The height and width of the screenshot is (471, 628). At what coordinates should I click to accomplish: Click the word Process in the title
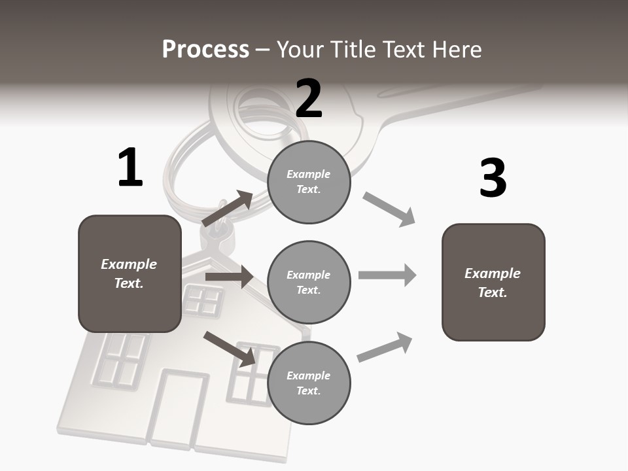pyautogui.click(x=205, y=49)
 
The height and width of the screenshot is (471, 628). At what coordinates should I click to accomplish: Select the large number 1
pyautogui.click(x=130, y=168)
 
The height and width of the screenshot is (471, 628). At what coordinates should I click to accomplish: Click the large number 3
pyautogui.click(x=493, y=178)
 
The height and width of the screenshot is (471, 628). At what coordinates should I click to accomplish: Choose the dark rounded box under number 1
pyautogui.click(x=130, y=273)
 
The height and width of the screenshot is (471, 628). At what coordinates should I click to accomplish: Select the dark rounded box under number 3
pyautogui.click(x=493, y=282)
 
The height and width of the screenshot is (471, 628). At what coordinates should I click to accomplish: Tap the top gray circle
pyautogui.click(x=309, y=182)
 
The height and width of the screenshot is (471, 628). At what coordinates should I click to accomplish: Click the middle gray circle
pyautogui.click(x=309, y=282)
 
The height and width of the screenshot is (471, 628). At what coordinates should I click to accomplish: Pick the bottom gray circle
pyautogui.click(x=309, y=383)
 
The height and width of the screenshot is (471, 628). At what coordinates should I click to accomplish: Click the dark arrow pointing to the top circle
pyautogui.click(x=228, y=209)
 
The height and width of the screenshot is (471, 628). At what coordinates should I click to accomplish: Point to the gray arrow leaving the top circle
pyautogui.click(x=389, y=209)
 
